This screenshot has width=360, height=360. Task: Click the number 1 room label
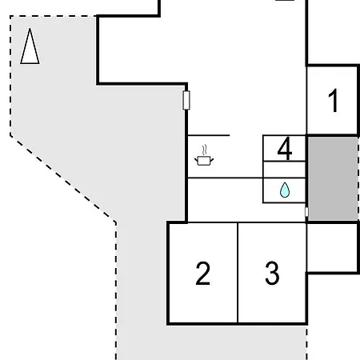click(x=334, y=101)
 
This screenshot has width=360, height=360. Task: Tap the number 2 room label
click(x=203, y=274)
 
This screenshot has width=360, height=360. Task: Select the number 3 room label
click(x=272, y=274)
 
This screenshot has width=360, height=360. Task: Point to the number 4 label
click(x=285, y=149)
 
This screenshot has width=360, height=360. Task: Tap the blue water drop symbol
click(x=285, y=190)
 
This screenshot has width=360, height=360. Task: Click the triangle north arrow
click(x=30, y=46)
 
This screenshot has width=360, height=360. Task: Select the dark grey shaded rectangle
click(x=333, y=178)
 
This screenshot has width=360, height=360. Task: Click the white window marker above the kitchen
click(x=186, y=100)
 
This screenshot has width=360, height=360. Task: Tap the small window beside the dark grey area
click(x=306, y=212)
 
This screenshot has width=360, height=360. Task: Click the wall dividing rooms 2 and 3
click(x=238, y=273)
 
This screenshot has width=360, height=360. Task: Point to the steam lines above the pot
click(x=205, y=150)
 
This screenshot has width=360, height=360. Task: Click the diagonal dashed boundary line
click(x=63, y=179)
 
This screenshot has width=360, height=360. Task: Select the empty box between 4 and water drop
click(x=284, y=170)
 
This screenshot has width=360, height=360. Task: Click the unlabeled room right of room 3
click(x=332, y=247)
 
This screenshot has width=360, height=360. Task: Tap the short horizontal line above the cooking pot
click(x=209, y=135)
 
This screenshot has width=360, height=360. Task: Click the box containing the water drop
click(x=284, y=190)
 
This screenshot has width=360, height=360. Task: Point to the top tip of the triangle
click(x=30, y=28)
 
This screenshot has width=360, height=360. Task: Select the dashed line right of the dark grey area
click(x=358, y=178)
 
